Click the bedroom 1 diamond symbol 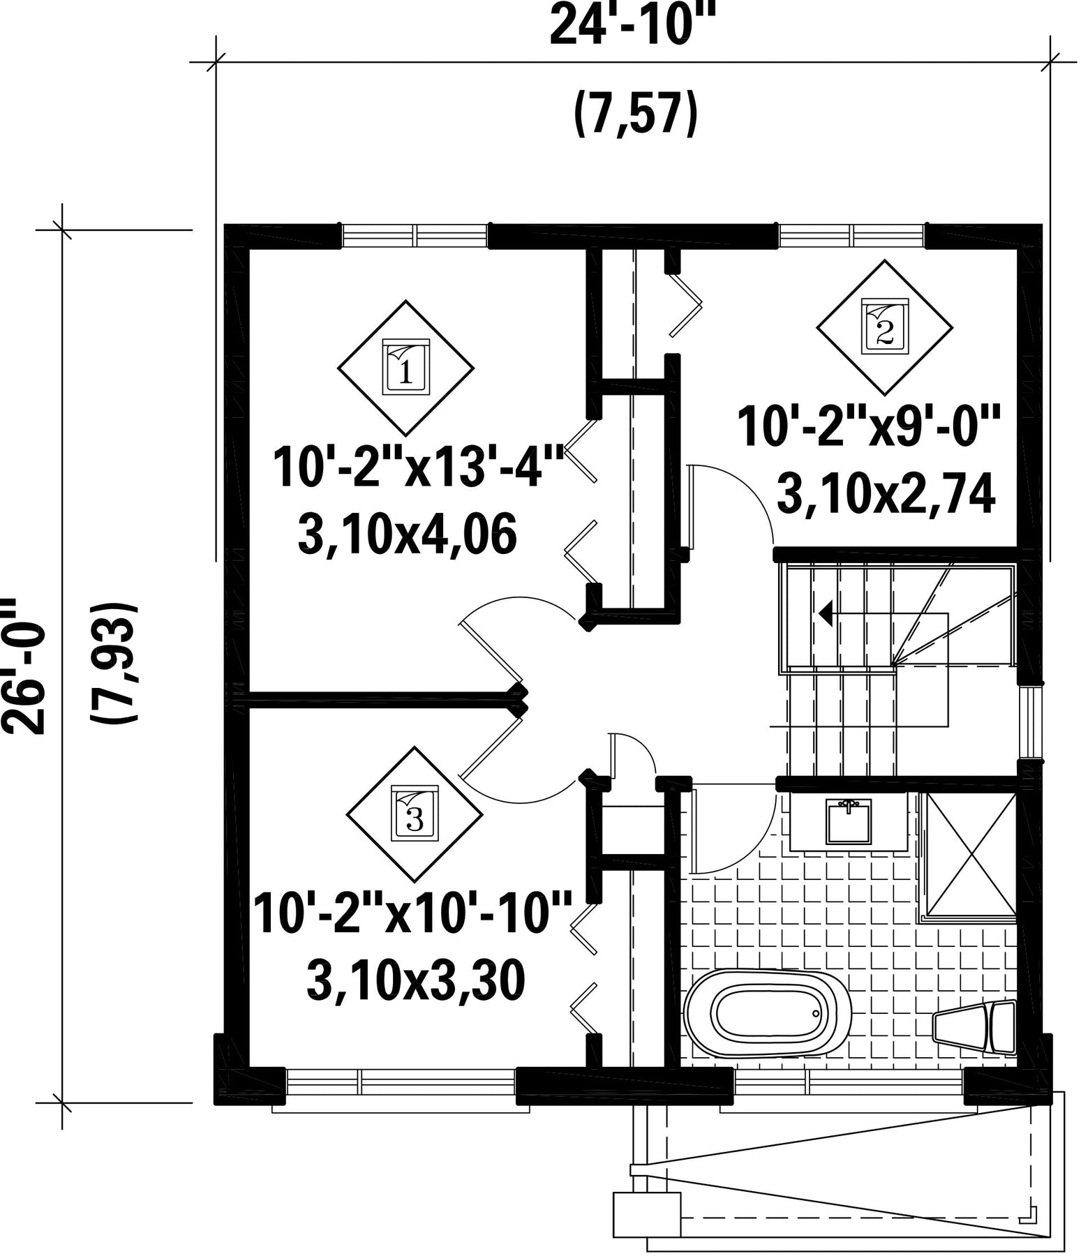(405, 368)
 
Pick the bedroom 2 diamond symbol (884, 328)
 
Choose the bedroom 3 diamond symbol (415, 814)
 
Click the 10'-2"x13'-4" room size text (419, 468)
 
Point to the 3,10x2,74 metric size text (886, 495)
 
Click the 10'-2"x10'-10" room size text (412, 913)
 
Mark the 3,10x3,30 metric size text (415, 982)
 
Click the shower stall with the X (970, 853)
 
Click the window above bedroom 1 (415, 235)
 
